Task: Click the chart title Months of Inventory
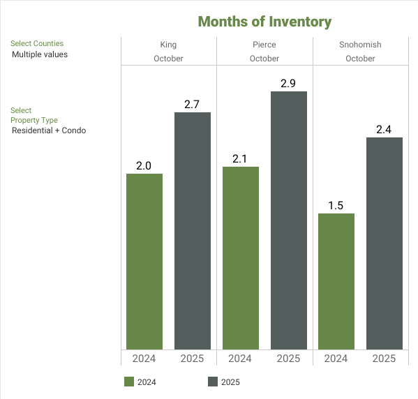coord(264,22)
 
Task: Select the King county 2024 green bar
coord(144,261)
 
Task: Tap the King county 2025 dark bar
coord(193,230)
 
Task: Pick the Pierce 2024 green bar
coord(241,257)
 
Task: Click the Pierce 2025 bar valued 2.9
coord(289,220)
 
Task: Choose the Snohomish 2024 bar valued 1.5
coord(336,280)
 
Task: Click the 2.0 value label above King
coord(144,166)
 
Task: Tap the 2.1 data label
coord(241,159)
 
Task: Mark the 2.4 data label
coord(385,130)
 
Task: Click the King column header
coord(168,45)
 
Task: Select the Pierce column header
coord(264,45)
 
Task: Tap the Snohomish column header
coord(360,45)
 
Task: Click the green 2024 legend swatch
coord(128,382)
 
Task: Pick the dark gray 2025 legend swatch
coord(213,382)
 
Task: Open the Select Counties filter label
coord(37,43)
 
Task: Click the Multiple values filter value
coord(40,54)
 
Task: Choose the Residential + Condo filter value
coord(49,130)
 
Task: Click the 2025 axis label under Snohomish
coord(385,359)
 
